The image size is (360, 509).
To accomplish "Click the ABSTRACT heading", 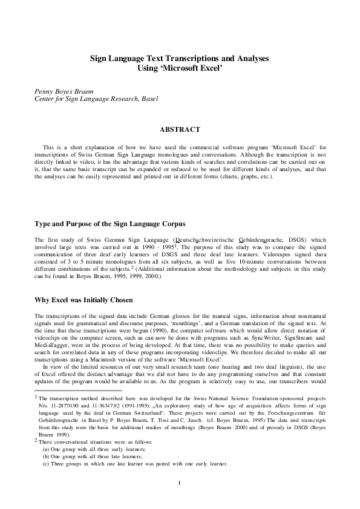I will [x=180, y=129].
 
